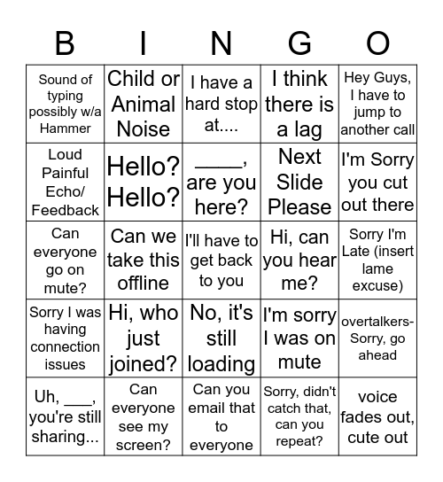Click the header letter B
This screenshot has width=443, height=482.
click(65, 43)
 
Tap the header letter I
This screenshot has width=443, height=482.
click(144, 43)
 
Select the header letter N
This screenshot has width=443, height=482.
click(221, 43)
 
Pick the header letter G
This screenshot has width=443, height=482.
click(300, 43)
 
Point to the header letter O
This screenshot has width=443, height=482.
click(378, 43)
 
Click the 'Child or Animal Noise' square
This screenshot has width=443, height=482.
click(144, 104)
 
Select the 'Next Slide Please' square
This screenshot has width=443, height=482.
click(299, 182)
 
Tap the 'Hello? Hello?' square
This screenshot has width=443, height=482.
click(144, 182)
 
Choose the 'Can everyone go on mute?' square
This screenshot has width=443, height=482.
click(66, 260)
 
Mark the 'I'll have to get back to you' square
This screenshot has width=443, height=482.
click(221, 260)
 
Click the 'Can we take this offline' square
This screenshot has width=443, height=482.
click(144, 260)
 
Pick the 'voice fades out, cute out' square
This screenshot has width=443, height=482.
click(377, 416)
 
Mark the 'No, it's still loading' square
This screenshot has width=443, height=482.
click(221, 338)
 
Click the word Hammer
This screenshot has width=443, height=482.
click(66, 128)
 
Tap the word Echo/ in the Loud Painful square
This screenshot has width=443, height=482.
click(66, 191)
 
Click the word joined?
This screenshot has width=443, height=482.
click(144, 363)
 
